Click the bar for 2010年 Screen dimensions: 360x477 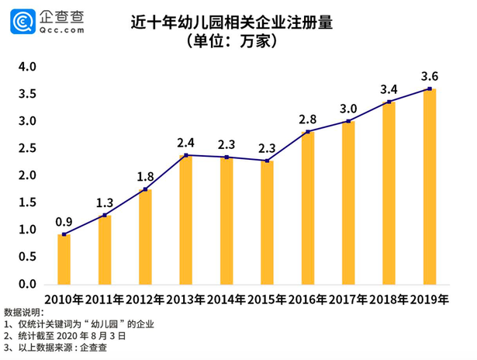click(x=64, y=259)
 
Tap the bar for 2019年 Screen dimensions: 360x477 click(x=429, y=186)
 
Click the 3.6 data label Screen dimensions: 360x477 click(x=430, y=76)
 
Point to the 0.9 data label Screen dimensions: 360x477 click(x=64, y=221)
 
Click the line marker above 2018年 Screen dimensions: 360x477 click(x=389, y=102)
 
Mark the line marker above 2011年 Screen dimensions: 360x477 click(x=105, y=214)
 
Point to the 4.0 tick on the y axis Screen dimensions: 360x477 click(x=27, y=67)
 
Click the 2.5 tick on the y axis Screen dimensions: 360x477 click(x=27, y=148)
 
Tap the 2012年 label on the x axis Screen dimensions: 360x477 click(x=144, y=299)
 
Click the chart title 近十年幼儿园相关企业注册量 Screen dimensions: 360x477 click(x=231, y=22)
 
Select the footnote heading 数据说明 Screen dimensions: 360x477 click(x=24, y=312)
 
